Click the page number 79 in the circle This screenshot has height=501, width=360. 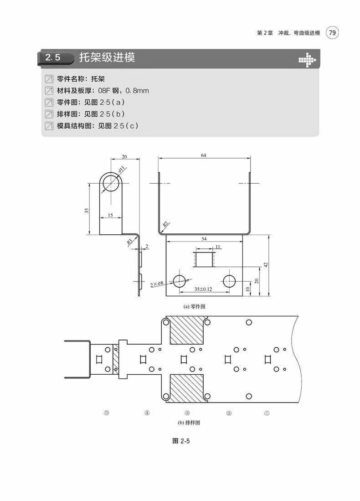pyautogui.click(x=333, y=33)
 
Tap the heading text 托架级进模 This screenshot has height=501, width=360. pyautogui.click(x=107, y=58)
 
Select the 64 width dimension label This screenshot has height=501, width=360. pyautogui.click(x=203, y=155)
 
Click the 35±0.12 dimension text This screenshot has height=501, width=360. pyautogui.click(x=203, y=289)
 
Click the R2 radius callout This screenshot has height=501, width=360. pyautogui.click(x=166, y=224)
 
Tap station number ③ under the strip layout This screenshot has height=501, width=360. pyautogui.click(x=187, y=413)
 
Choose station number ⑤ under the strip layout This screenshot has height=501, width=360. pyautogui.click(x=107, y=413)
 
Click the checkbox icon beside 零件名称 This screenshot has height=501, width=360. pyautogui.click(x=49, y=78)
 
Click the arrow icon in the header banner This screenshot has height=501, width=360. pyautogui.click(x=306, y=59)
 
